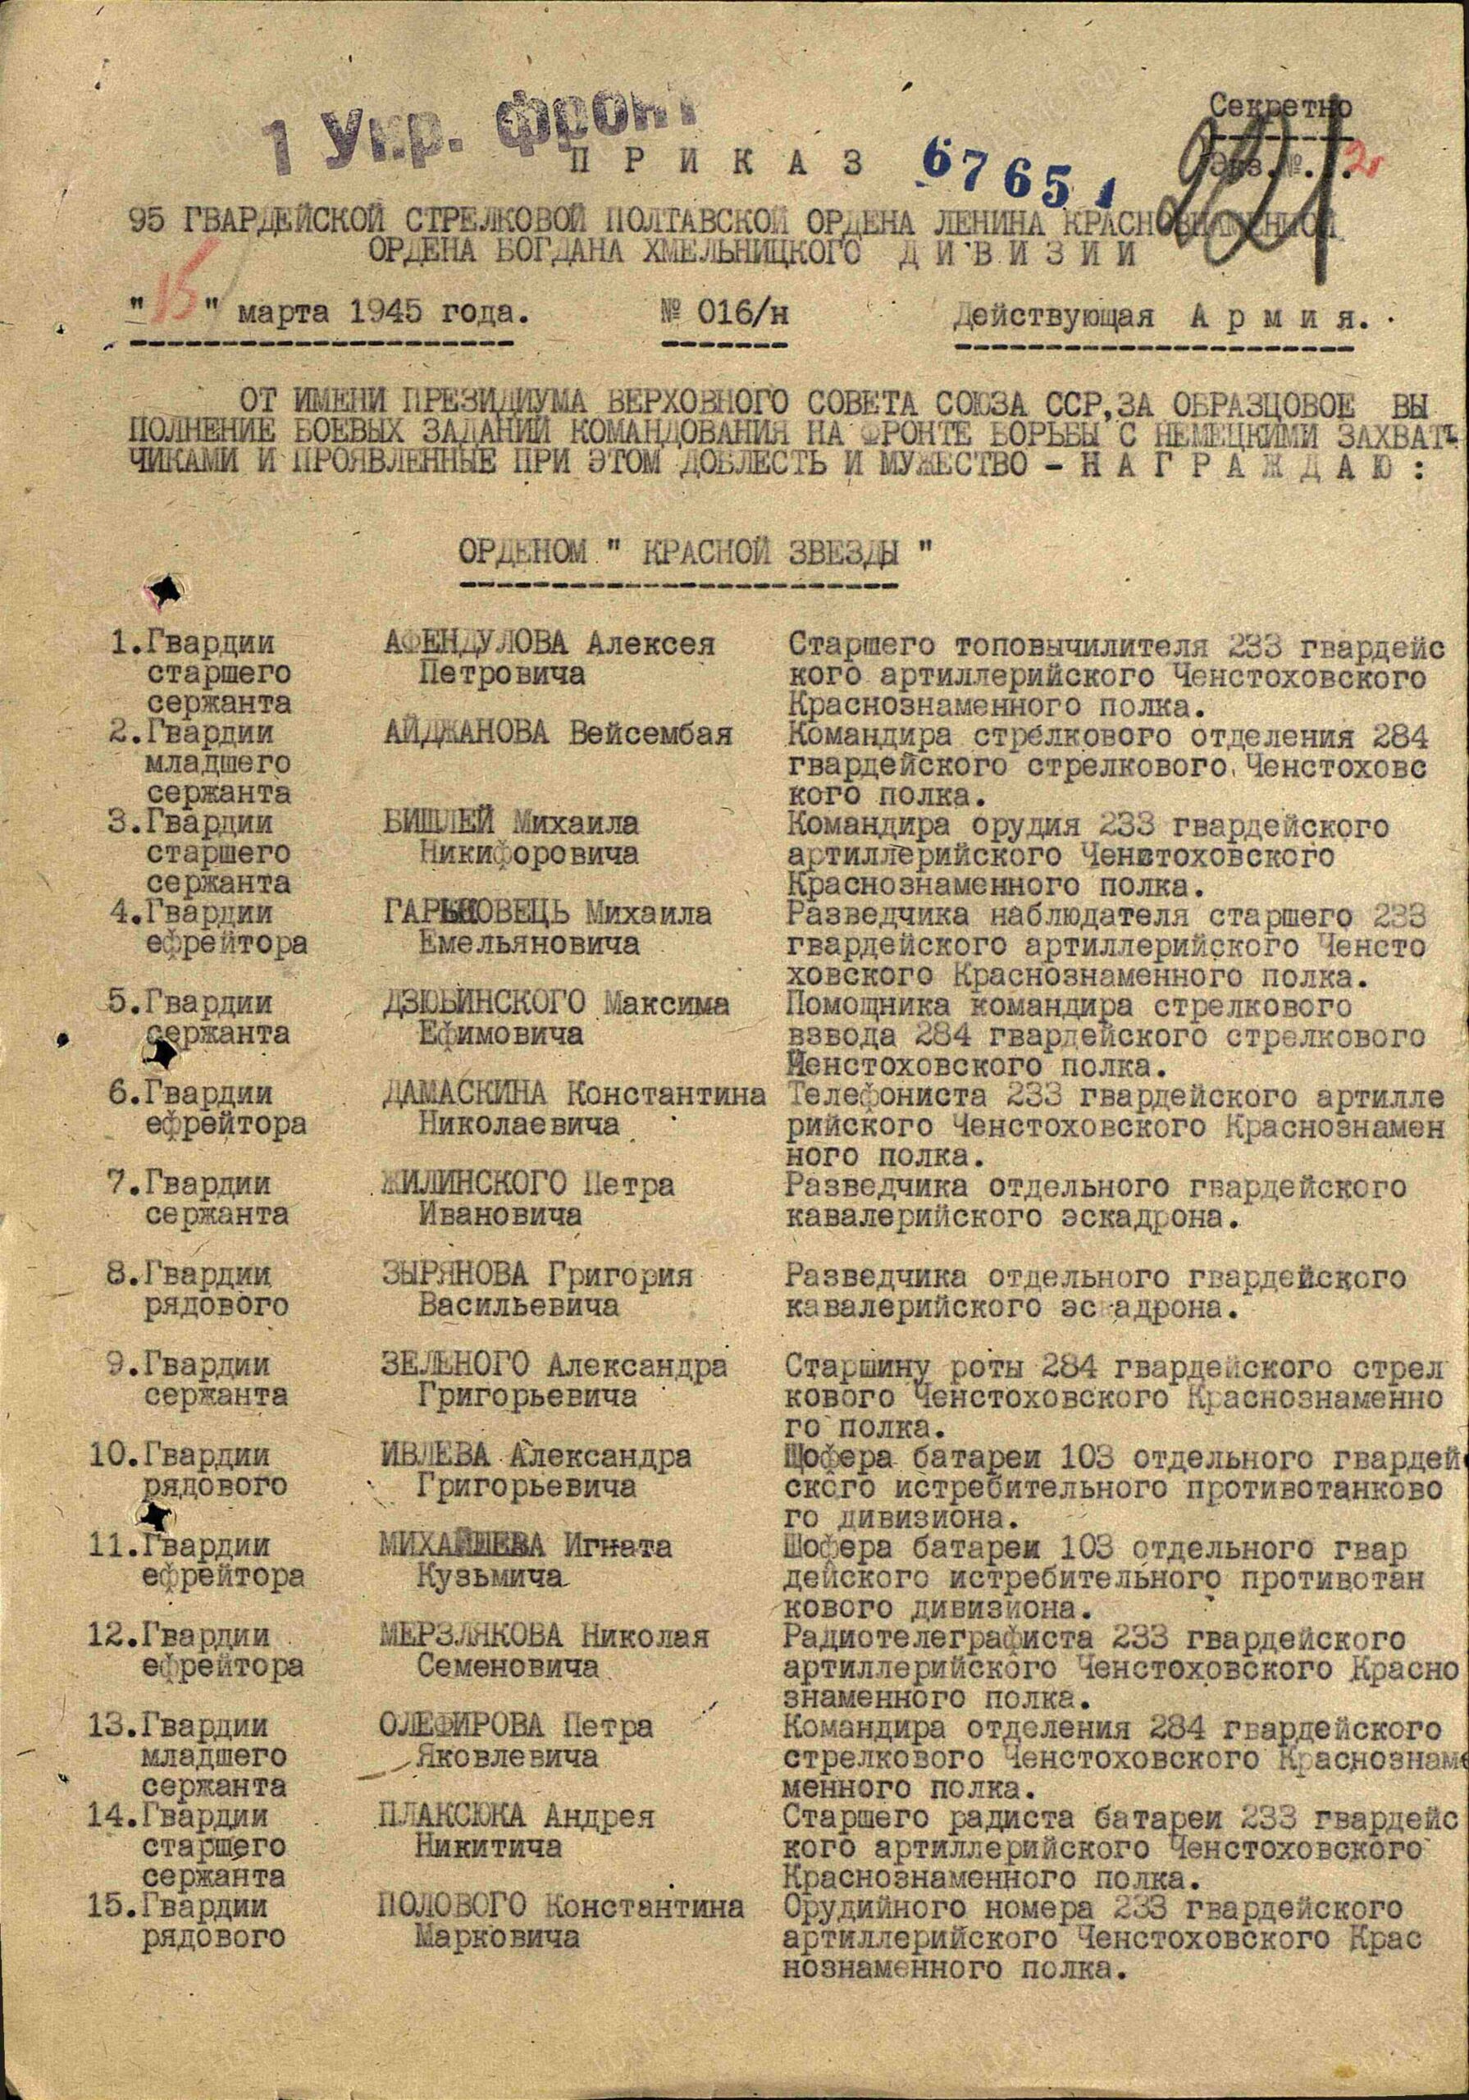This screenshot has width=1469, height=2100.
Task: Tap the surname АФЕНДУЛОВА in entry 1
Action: [475, 644]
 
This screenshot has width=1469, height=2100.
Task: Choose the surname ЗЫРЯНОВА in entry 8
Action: [462, 1275]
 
